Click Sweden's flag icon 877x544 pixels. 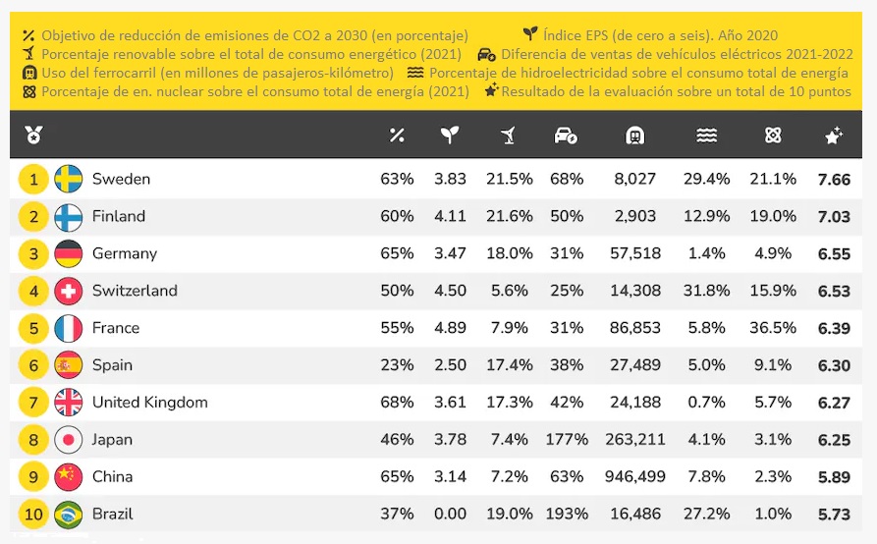pyautogui.click(x=68, y=179)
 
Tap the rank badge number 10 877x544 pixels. pyautogui.click(x=33, y=514)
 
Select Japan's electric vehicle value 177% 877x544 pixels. pyautogui.click(x=567, y=439)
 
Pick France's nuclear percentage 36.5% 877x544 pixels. pyautogui.click(x=772, y=328)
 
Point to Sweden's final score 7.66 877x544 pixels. pyautogui.click(x=833, y=179)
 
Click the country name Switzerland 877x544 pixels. pyautogui.click(x=135, y=291)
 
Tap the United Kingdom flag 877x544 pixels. pyautogui.click(x=68, y=402)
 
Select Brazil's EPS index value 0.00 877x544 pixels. pyautogui.click(x=450, y=514)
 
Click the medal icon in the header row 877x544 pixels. pyautogui.click(x=33, y=136)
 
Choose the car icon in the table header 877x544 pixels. pyautogui.click(x=566, y=136)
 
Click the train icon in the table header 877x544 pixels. pyautogui.click(x=634, y=136)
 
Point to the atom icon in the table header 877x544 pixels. pyautogui.click(x=772, y=136)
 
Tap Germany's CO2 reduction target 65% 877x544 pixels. pyautogui.click(x=397, y=253)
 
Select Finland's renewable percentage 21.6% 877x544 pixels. pyautogui.click(x=509, y=216)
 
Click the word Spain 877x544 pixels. pyautogui.click(x=112, y=365)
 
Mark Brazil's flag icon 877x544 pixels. pyautogui.click(x=68, y=514)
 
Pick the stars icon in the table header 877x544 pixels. pyautogui.click(x=833, y=136)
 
